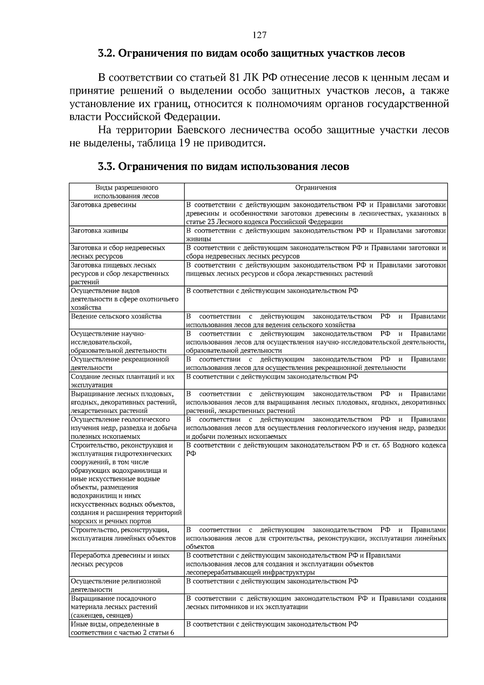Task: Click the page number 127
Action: (259, 35)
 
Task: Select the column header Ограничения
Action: (316, 188)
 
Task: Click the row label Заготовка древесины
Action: (103, 205)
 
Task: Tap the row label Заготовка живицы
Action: (99, 231)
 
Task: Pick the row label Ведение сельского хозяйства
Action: (116, 316)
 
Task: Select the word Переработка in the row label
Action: (90, 556)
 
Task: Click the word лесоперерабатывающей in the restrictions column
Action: (221, 573)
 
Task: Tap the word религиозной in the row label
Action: (144, 582)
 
